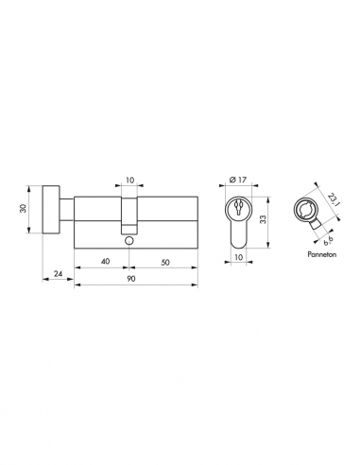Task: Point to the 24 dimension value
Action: click(x=59, y=273)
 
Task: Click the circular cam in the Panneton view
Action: click(x=310, y=210)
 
